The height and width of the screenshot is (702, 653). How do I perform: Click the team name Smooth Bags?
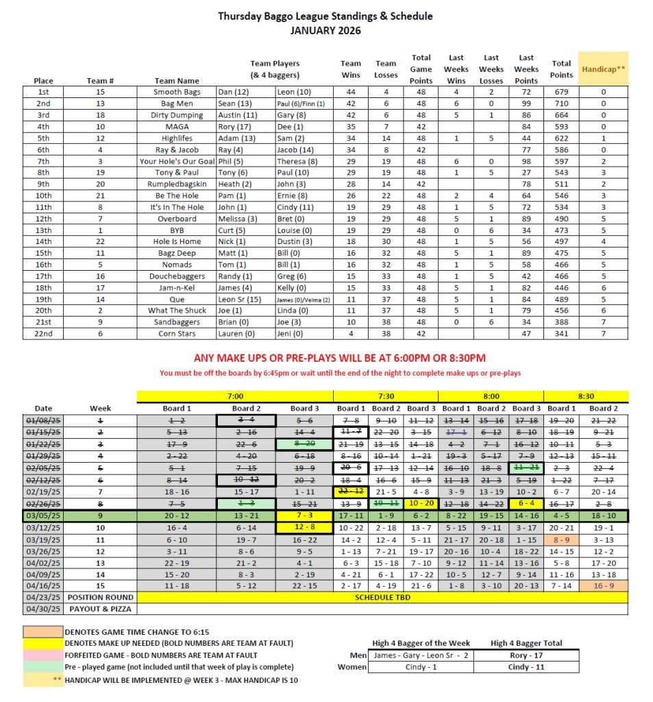(177, 92)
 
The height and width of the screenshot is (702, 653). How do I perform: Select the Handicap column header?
(602, 69)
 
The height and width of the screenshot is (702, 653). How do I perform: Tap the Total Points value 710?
(561, 104)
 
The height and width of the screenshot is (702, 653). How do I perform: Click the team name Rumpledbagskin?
(177, 184)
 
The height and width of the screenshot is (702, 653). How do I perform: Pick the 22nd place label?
(43, 334)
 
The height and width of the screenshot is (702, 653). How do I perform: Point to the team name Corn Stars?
(177, 334)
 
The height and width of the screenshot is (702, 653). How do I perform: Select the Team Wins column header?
(351, 69)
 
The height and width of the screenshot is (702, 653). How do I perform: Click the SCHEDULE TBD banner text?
(382, 597)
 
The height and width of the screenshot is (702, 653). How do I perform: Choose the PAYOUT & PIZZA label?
(101, 609)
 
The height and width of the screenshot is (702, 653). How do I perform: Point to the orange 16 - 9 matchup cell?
(604, 585)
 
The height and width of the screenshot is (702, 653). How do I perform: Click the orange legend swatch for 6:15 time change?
(42, 631)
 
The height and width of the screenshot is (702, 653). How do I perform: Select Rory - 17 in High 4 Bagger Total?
(526, 655)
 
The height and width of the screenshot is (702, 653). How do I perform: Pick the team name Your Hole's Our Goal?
(177, 161)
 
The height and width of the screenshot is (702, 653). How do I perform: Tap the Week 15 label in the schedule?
(100, 585)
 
